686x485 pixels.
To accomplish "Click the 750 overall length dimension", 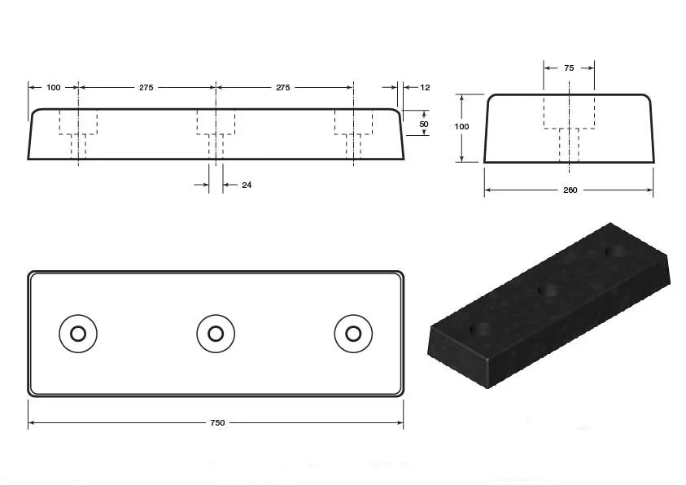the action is [x=217, y=423].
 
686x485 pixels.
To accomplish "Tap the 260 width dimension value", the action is [x=570, y=190].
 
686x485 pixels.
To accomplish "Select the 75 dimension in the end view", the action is [x=569, y=68].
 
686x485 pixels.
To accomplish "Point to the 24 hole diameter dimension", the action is [x=247, y=186].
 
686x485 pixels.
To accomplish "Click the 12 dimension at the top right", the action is [x=425, y=87].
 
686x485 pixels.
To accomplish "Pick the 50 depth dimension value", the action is [x=424, y=125].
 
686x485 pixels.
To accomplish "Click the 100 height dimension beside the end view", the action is [x=461, y=127].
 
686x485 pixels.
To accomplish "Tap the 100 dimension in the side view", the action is [x=54, y=87].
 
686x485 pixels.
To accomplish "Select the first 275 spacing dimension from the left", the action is [x=146, y=87].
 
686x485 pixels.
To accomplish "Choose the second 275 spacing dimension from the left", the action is [x=283, y=87].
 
